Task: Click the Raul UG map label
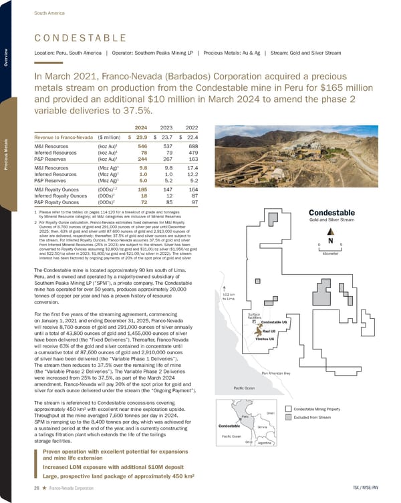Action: click(x=271, y=331)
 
